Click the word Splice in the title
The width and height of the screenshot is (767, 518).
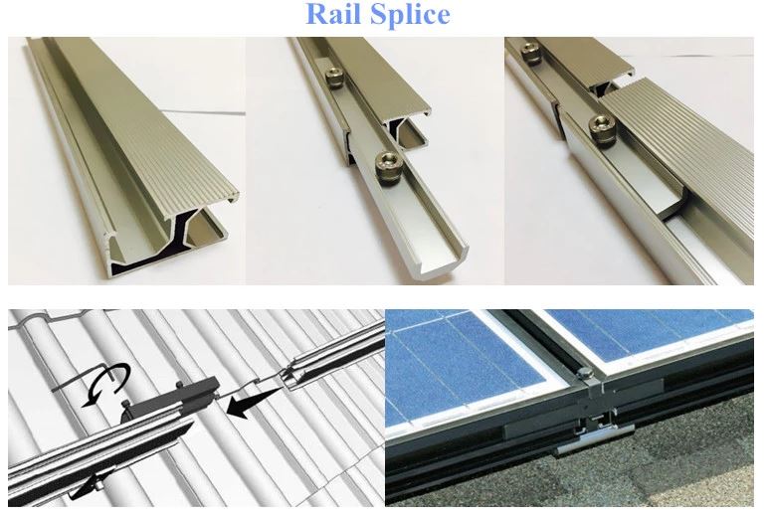coord(411,16)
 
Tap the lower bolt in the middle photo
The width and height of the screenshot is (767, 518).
coord(384,160)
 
